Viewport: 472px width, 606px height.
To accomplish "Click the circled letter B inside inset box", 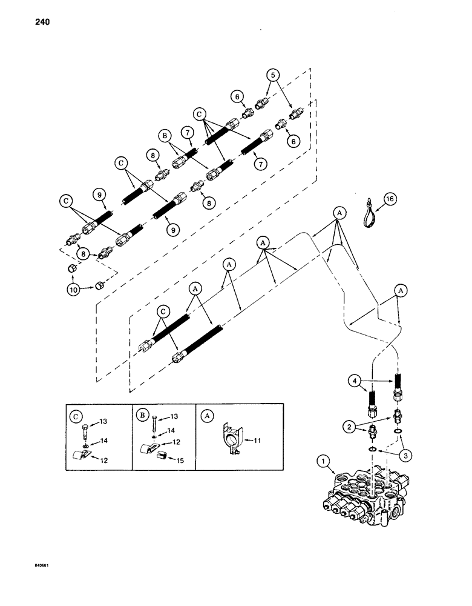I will pyautogui.click(x=141, y=418).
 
